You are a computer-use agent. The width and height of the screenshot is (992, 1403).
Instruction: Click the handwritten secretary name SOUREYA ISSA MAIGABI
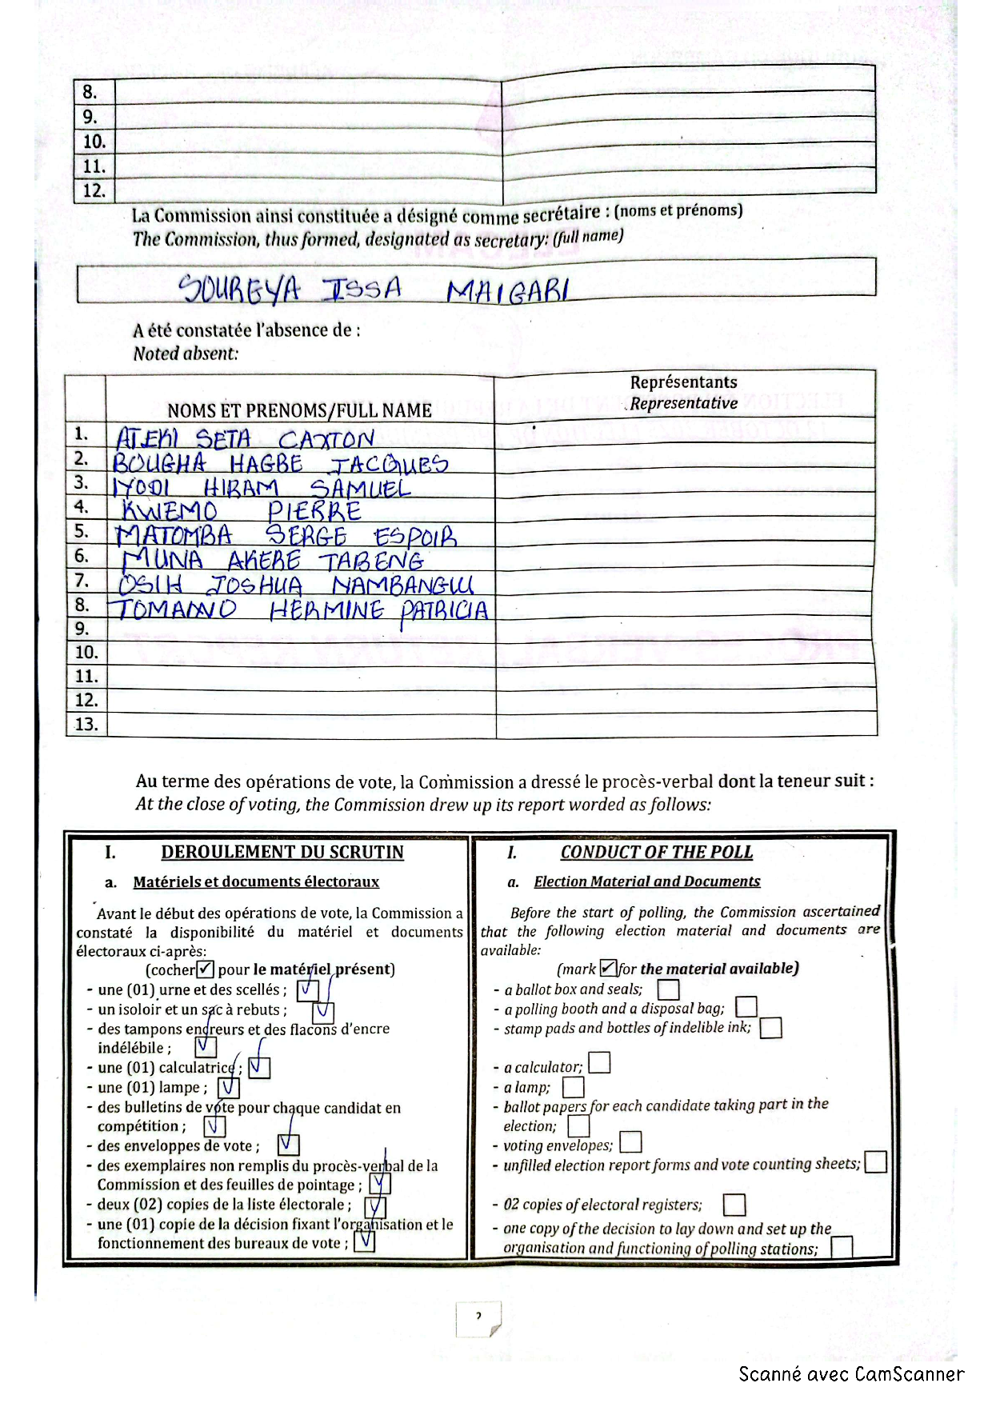(x=373, y=289)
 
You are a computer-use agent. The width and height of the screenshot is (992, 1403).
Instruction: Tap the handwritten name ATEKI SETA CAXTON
(x=245, y=439)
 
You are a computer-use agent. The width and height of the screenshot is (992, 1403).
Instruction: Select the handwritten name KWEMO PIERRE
(x=241, y=511)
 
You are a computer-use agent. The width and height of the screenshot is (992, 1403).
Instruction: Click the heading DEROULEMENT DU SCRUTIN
(x=282, y=852)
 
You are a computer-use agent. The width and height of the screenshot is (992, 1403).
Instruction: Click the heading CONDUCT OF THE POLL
(x=656, y=852)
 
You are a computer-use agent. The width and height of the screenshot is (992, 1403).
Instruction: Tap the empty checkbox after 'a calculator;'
(x=599, y=1063)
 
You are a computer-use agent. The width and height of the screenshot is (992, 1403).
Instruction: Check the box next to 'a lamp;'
(x=573, y=1087)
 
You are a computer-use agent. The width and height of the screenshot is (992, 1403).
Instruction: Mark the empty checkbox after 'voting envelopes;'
(x=630, y=1142)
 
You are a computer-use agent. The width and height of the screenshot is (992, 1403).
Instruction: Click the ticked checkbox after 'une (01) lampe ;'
(x=229, y=1087)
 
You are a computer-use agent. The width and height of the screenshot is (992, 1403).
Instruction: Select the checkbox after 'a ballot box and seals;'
(x=668, y=990)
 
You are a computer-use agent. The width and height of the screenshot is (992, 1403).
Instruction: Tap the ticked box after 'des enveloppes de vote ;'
(x=288, y=1145)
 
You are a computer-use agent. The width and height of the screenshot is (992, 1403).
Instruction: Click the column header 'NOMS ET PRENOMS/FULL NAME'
(x=299, y=410)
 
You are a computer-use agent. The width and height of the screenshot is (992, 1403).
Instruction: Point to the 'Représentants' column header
(x=683, y=382)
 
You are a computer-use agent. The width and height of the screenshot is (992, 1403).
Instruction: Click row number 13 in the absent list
(x=86, y=724)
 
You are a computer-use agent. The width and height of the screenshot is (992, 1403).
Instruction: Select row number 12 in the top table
(x=94, y=191)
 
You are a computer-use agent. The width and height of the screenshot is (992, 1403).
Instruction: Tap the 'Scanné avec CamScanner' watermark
(x=851, y=1374)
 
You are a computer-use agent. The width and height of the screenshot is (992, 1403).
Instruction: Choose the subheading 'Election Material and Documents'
(x=647, y=881)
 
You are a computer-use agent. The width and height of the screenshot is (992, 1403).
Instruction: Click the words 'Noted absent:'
(x=186, y=354)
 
